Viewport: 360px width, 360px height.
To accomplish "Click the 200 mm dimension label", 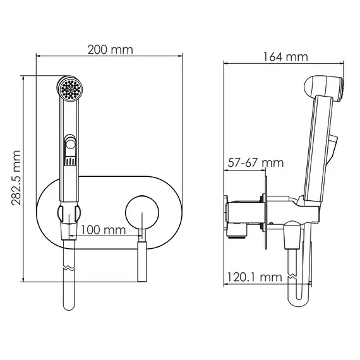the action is [x=110, y=50].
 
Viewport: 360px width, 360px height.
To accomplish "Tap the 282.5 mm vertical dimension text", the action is [x=16, y=178].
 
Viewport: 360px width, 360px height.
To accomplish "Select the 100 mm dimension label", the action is [x=104, y=230].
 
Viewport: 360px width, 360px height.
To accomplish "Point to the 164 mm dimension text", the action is [x=285, y=57].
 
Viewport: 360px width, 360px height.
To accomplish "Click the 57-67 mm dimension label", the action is [x=256, y=163].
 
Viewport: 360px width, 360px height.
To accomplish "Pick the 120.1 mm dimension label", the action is [x=255, y=277].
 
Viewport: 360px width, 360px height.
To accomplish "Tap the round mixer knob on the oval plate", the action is [x=142, y=212].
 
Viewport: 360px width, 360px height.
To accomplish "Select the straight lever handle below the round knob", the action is [x=142, y=261].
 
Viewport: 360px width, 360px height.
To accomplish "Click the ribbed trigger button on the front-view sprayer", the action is [x=70, y=161].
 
